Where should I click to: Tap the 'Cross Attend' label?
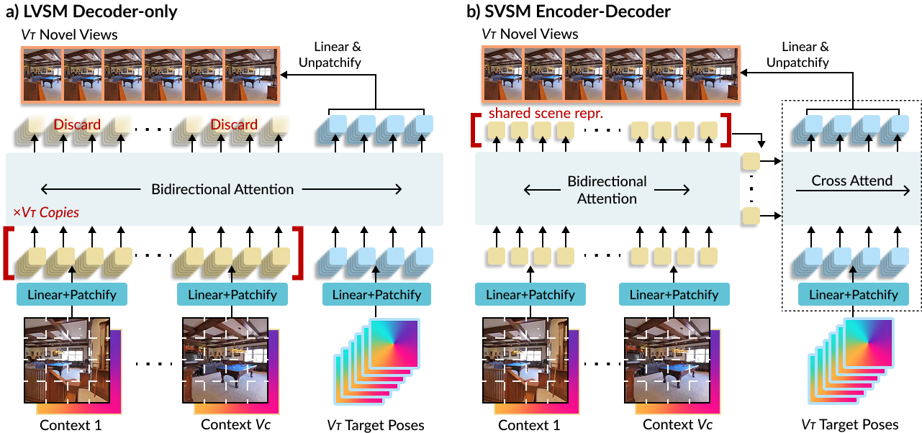click(852, 181)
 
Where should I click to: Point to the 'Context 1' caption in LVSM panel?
click(70, 424)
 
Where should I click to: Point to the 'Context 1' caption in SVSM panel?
click(528, 424)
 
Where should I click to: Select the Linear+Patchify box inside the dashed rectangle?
click(853, 295)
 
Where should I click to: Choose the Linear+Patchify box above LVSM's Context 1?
click(71, 295)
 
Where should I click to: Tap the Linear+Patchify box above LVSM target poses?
click(377, 295)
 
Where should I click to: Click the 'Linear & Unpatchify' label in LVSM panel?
click(337, 55)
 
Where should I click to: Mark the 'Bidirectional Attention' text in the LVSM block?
click(222, 190)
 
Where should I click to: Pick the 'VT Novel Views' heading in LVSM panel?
click(68, 34)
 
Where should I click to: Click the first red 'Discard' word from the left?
click(77, 124)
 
